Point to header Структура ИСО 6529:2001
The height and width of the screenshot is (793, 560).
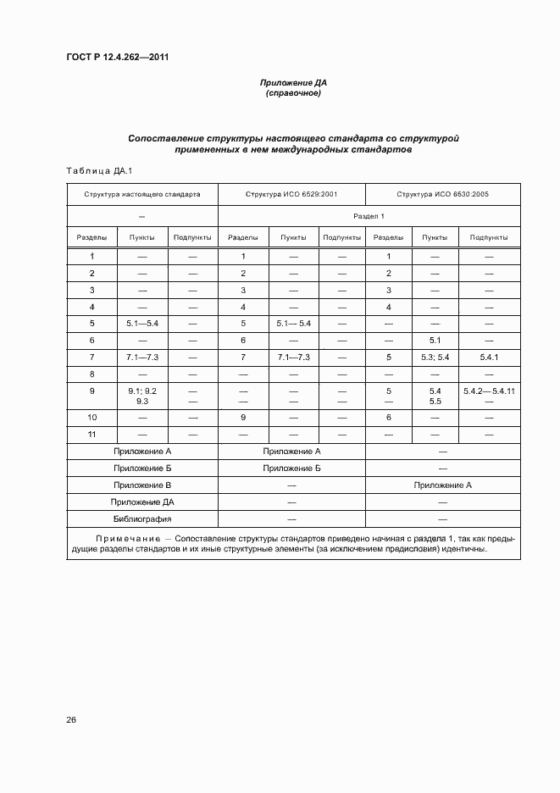tap(291, 194)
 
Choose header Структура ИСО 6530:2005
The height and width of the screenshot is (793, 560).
tap(442, 194)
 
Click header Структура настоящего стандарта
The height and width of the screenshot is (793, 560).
tap(142, 194)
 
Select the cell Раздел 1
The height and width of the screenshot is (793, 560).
tap(369, 216)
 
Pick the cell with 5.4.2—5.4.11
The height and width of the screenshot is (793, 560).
tap(490, 391)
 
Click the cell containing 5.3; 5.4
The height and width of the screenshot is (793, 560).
tap(435, 358)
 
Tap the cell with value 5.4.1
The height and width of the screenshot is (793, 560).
tap(490, 358)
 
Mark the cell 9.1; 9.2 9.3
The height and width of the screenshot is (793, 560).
tap(142, 396)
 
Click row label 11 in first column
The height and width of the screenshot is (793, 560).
tap(92, 434)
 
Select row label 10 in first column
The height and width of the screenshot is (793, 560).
tap(92, 418)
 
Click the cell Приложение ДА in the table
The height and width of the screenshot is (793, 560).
tap(142, 502)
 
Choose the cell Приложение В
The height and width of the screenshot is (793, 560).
tap(142, 485)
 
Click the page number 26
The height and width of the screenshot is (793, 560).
tap(71, 719)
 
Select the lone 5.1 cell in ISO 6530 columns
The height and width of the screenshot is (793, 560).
tap(435, 340)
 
